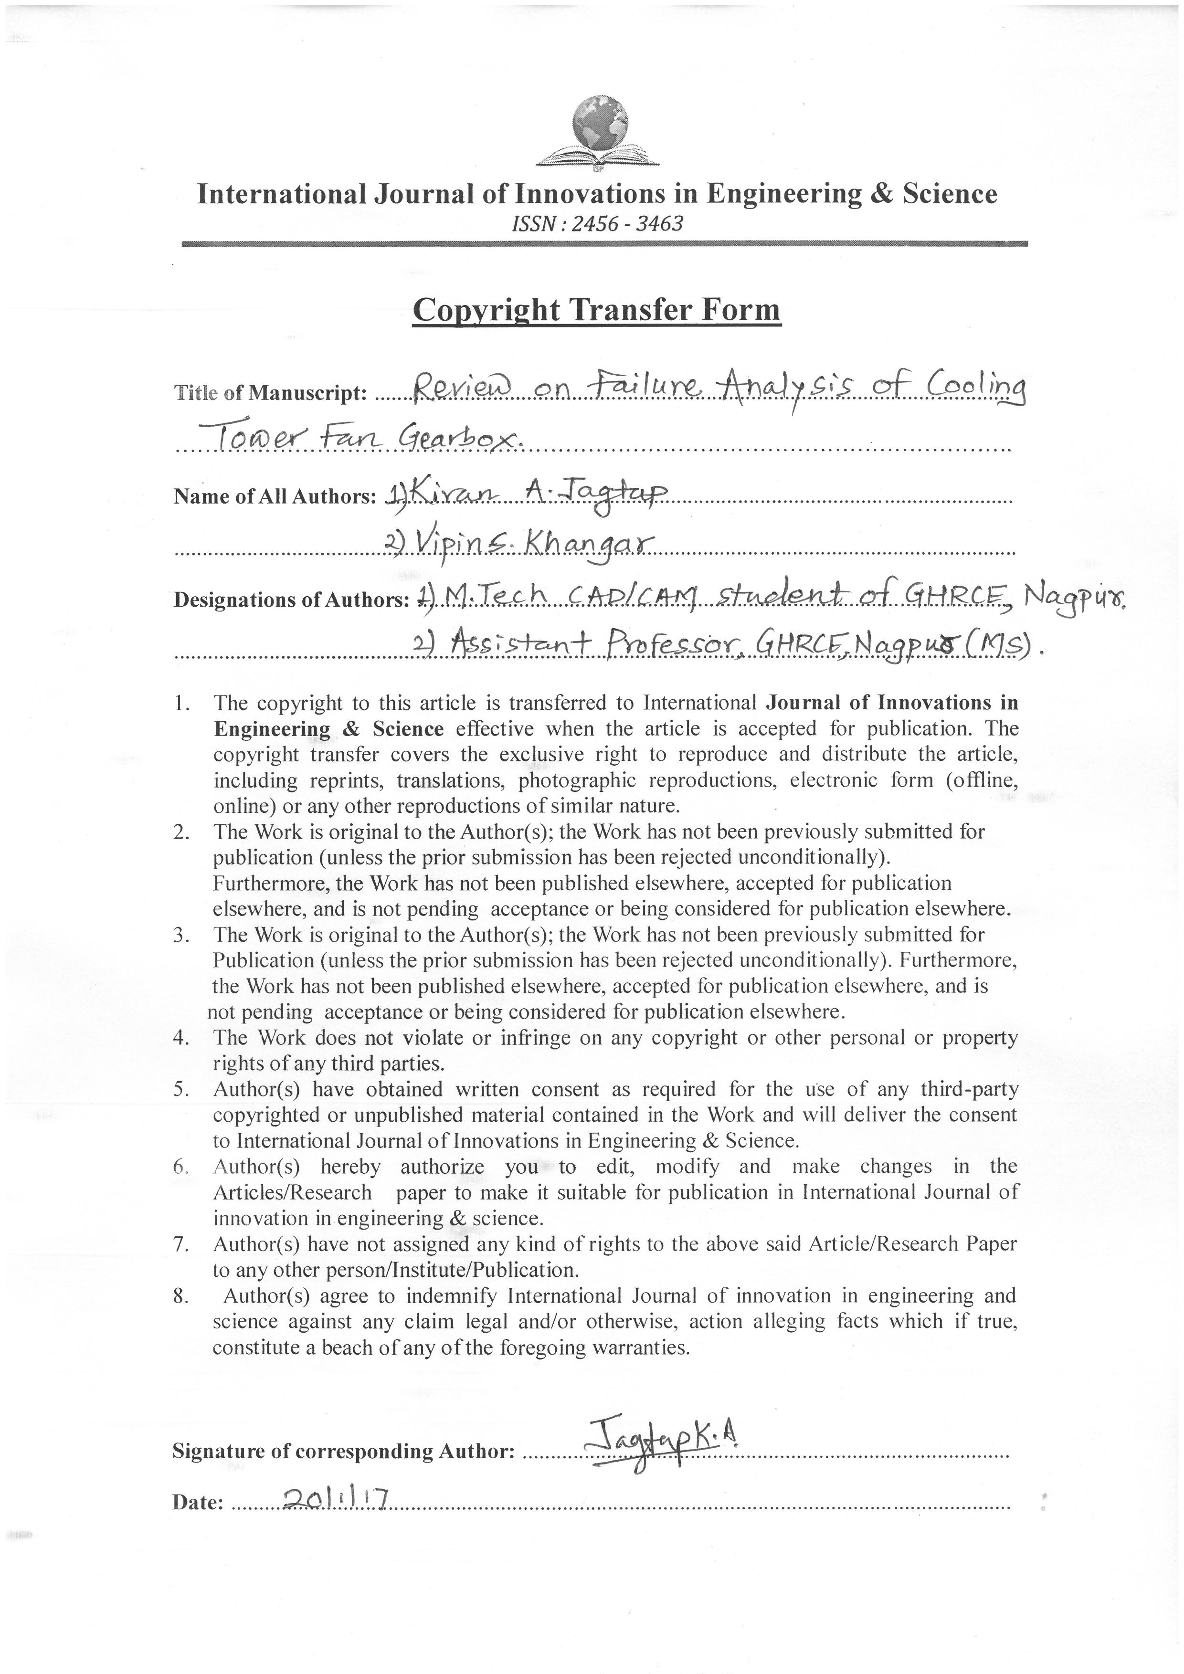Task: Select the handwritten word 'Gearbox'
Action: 462,438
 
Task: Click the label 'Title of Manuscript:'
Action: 270,394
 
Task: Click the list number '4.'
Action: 182,1038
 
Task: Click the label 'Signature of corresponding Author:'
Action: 343,1452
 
